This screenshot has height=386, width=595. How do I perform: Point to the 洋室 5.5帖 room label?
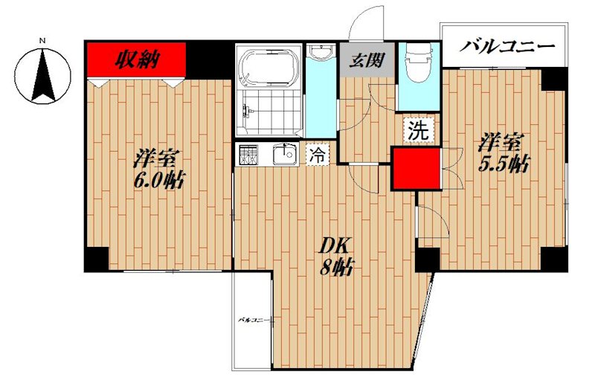(503, 152)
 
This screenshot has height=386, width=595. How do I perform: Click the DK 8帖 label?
(333, 257)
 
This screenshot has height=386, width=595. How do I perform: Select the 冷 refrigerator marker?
(317, 155)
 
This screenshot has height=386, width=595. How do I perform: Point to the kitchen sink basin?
(283, 155)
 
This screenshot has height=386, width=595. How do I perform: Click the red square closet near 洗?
(416, 168)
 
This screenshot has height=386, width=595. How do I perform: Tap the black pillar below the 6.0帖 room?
(95, 258)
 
